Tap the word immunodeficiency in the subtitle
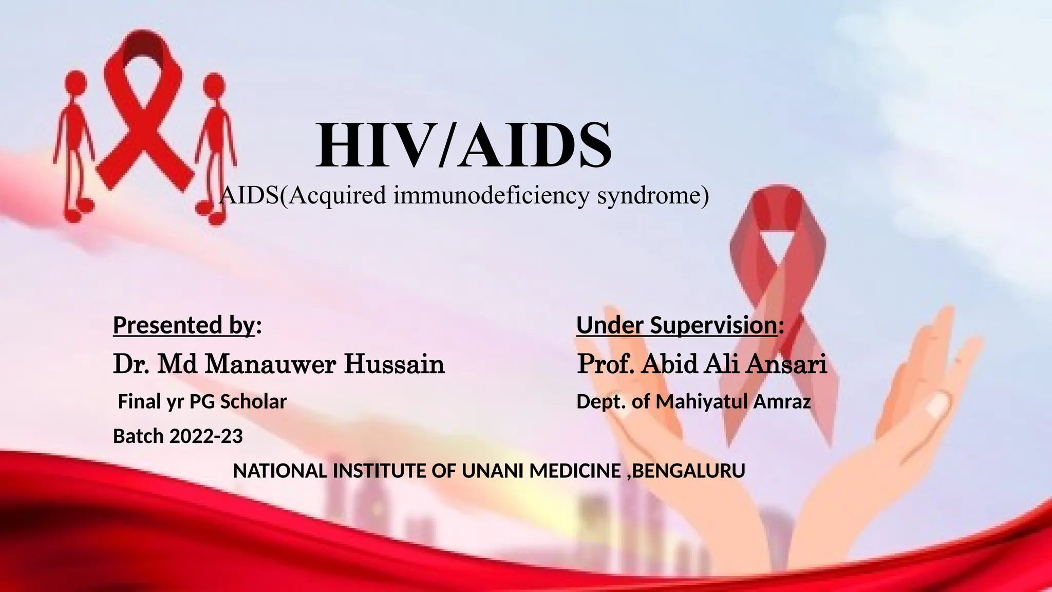[x=492, y=195]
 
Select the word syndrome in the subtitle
[x=652, y=195]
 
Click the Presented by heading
[x=184, y=325]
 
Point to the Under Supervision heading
[x=677, y=325]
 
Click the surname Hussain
[x=394, y=364]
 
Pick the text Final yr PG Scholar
[x=202, y=401]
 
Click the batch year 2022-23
[x=206, y=436]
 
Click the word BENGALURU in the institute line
[x=688, y=471]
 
